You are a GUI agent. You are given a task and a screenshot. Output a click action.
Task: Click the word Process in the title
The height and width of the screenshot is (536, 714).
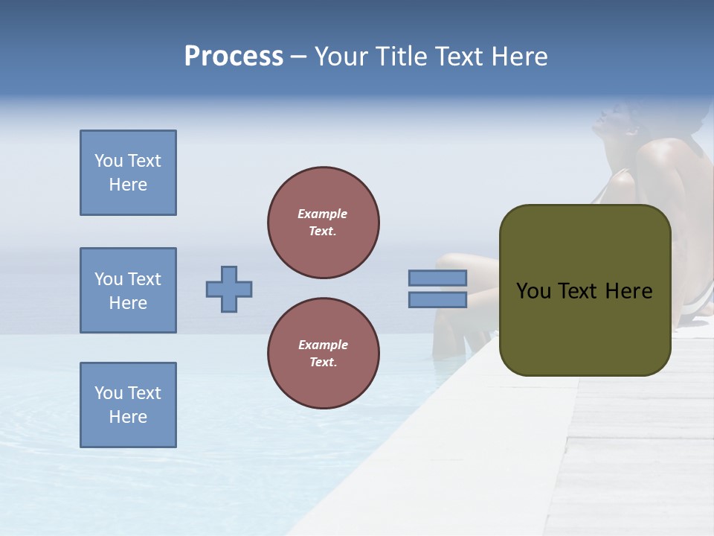coord(234,57)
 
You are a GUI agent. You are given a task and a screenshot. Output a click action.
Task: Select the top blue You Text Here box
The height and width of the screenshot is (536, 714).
coord(128,173)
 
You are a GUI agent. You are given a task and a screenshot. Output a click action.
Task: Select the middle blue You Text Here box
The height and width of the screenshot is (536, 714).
coord(128,290)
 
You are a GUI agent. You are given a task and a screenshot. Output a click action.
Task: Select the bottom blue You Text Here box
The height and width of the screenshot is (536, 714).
coord(128,405)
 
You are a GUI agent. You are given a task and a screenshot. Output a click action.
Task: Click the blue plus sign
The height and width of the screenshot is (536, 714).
coord(229,289)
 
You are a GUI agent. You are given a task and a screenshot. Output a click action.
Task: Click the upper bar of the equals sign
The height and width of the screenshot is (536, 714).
coord(437,278)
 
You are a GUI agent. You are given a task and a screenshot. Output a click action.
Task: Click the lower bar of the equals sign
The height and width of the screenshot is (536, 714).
coord(437,299)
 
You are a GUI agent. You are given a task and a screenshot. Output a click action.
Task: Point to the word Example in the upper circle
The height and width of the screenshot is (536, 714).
coord(323,214)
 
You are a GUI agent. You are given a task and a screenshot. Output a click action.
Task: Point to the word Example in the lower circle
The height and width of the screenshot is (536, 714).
coord(323,345)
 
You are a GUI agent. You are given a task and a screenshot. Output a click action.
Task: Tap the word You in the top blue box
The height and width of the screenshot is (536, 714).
coord(109,161)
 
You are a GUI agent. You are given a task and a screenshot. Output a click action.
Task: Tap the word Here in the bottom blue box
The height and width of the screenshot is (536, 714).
coord(128,417)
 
